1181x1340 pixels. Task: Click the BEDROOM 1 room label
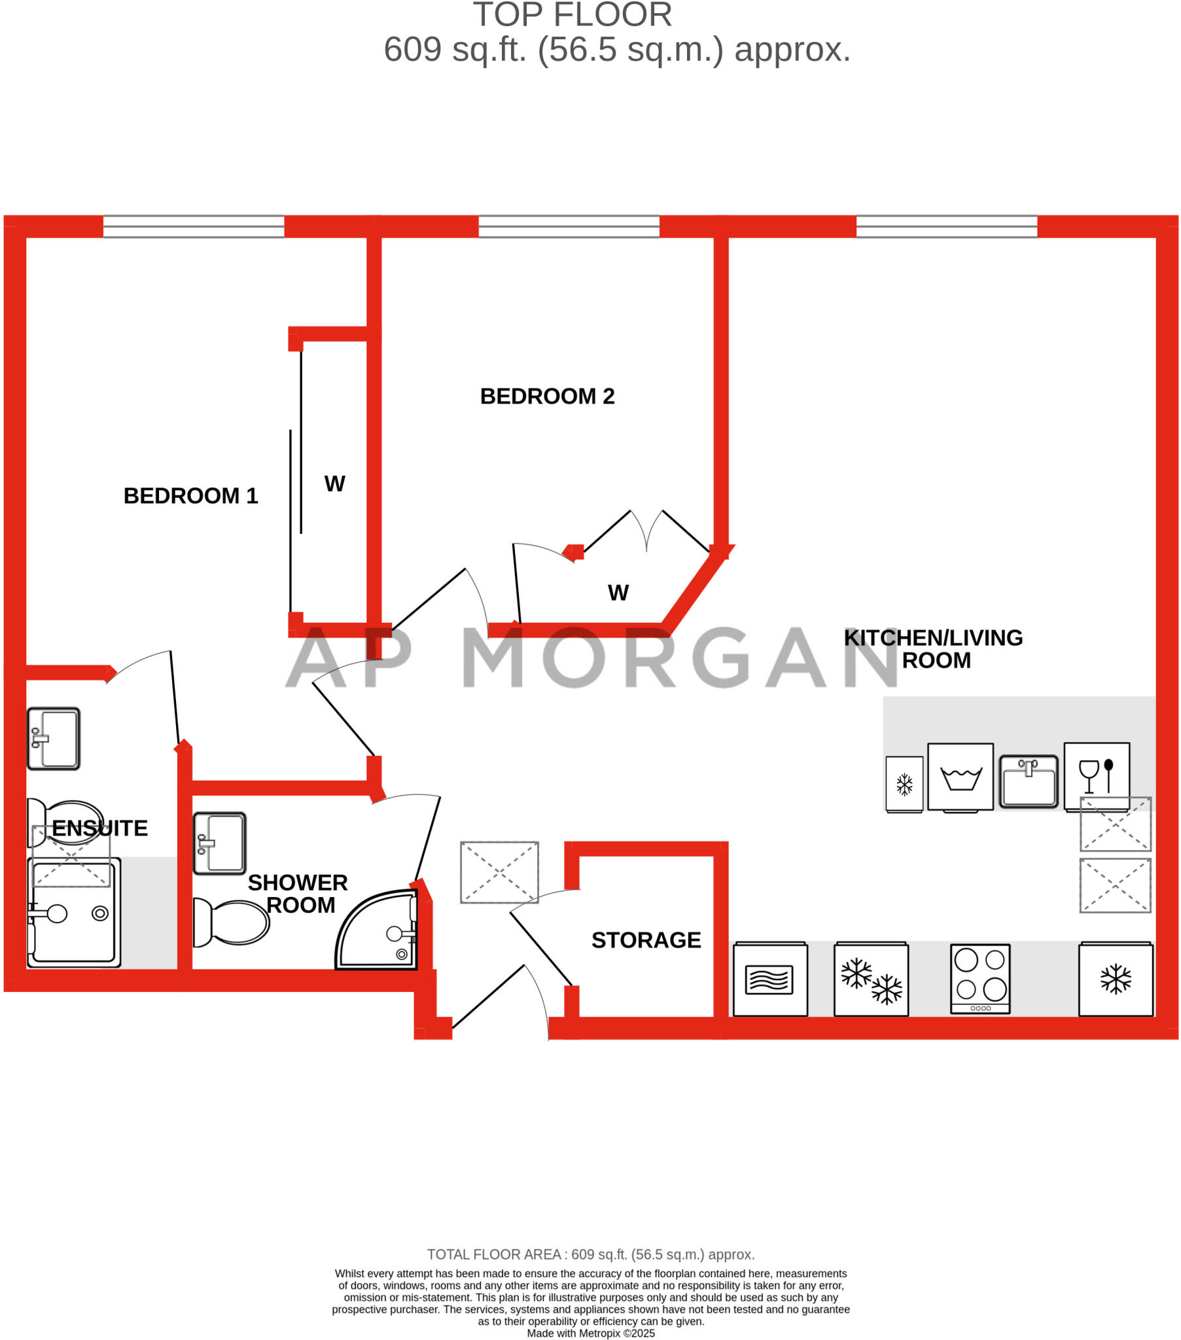[190, 495]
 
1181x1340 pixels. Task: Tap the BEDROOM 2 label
[547, 396]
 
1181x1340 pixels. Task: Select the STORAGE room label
[646, 940]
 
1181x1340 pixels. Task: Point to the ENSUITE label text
[99, 828]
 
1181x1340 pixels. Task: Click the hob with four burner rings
[979, 978]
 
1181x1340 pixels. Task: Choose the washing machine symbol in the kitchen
[960, 777]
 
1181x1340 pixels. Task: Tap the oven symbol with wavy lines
[770, 979]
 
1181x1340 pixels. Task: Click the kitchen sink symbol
[1028, 781]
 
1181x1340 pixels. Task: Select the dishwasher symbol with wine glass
[1097, 776]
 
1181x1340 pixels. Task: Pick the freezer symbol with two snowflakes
[871, 979]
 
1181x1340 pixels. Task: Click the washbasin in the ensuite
[54, 738]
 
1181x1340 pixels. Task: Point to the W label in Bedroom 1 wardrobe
[334, 484]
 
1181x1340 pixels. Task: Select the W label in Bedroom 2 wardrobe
[618, 593]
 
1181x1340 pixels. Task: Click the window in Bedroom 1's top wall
[194, 227]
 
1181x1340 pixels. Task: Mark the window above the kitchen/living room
[946, 227]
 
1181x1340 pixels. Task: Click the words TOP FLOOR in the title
[573, 14]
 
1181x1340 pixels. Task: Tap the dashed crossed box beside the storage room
[499, 872]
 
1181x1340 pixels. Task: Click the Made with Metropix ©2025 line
[590, 1333]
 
